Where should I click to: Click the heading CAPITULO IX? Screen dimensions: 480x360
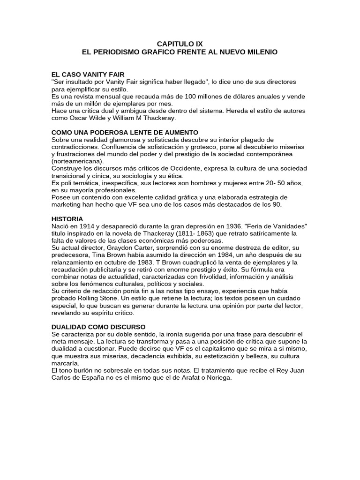click(180, 44)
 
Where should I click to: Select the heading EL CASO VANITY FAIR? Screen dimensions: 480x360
click(88, 75)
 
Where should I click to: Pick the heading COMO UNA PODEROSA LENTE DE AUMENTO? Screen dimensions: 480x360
click(125, 133)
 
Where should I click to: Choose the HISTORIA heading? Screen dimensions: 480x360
click(67, 219)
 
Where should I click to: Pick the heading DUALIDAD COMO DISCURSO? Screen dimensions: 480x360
click(98, 327)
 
